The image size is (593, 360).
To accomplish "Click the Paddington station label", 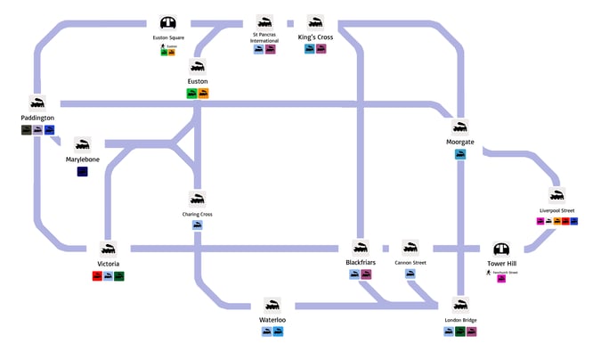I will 37,118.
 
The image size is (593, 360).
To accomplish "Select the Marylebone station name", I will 82,160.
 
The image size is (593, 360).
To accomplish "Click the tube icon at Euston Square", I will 168,23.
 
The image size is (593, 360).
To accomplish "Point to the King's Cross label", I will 315,38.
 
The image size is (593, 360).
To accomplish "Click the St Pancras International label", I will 264,38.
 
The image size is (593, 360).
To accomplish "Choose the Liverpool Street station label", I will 556,210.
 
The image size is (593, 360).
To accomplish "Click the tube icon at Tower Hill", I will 502,251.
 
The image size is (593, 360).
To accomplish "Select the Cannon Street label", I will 410,263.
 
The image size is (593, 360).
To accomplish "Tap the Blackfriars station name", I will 361,263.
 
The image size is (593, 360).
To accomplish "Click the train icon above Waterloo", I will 272,305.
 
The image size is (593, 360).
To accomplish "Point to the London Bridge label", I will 460,319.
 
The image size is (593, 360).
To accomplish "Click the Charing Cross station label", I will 198,214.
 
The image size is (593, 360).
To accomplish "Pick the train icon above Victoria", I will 109,250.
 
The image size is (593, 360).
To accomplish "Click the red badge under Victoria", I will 97,276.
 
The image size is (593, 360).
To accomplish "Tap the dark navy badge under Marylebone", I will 82,171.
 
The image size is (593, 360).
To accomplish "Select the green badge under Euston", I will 191,93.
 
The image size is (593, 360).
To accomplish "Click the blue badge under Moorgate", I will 460,154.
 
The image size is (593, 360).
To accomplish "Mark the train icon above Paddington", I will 37,103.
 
